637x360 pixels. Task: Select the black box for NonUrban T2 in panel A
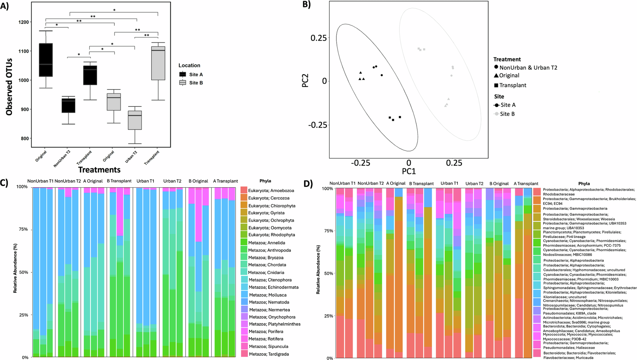pyautogui.click(x=68, y=105)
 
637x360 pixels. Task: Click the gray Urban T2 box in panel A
pyautogui.click(x=135, y=120)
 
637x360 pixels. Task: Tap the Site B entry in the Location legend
pyautogui.click(x=196, y=83)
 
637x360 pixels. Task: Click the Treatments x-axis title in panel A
pyautogui.click(x=99, y=170)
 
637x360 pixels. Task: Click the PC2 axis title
pyautogui.click(x=305, y=81)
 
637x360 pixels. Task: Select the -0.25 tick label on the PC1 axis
pyautogui.click(x=360, y=163)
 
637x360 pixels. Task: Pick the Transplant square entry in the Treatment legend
pyautogui.click(x=512, y=85)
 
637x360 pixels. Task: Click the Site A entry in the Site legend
pyautogui.click(x=508, y=105)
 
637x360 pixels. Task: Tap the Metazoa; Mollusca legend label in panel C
pyautogui.click(x=268, y=295)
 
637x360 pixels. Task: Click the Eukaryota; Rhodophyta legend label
pyautogui.click(x=271, y=235)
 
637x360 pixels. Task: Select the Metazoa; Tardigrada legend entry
pyautogui.click(x=269, y=354)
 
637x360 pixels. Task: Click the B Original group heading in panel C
pyautogui.click(x=198, y=181)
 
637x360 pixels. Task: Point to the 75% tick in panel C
pyautogui.click(x=23, y=229)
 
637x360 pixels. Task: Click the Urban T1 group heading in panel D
pyautogui.click(x=449, y=184)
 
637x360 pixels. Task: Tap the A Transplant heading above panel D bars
pyautogui.click(x=526, y=184)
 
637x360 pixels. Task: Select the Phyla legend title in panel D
pyautogui.click(x=584, y=184)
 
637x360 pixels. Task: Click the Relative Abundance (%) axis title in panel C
pyautogui.click(x=15, y=268)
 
